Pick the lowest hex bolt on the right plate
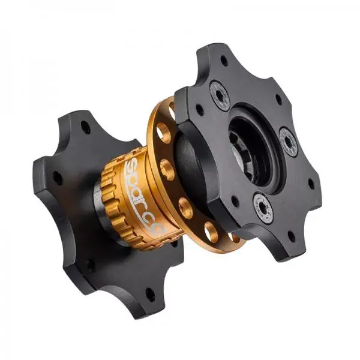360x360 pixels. click(x=263, y=208)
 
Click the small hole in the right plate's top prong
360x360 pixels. click(x=224, y=61)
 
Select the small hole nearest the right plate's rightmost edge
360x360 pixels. click(x=311, y=183)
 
